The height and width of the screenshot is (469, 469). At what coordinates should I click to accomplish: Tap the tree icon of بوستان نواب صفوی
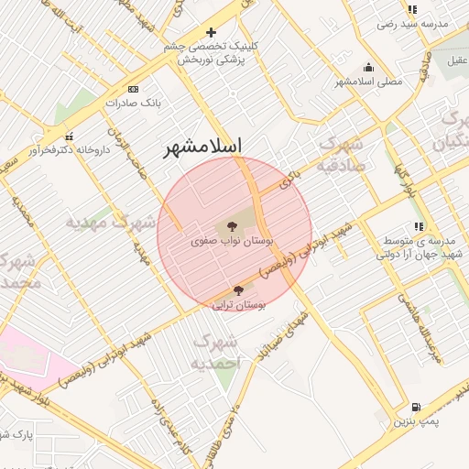tap(230, 224)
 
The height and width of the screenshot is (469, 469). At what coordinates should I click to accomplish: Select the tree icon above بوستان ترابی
tap(238, 290)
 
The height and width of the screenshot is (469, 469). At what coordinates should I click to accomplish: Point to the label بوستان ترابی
tap(238, 305)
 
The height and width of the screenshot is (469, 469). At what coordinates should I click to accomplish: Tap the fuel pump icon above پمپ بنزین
tap(417, 408)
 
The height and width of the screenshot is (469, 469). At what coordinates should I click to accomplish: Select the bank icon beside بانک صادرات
tap(134, 90)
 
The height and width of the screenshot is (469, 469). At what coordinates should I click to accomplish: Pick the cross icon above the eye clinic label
tap(211, 33)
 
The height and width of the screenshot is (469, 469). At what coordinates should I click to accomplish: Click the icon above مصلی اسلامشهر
tap(368, 67)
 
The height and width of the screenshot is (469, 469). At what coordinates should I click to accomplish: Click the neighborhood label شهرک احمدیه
tap(216, 353)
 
